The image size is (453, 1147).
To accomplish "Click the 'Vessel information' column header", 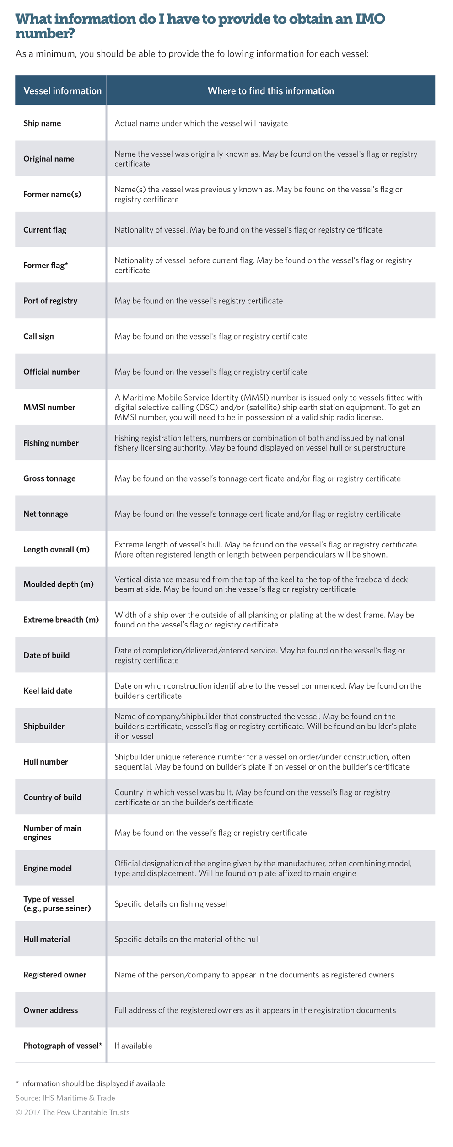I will click(62, 91).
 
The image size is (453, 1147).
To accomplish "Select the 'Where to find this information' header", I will click(271, 91).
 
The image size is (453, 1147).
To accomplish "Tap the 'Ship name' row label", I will click(42, 123).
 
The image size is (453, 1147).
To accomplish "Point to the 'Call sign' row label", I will click(38, 336).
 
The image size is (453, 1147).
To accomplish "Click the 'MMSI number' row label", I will click(49, 407).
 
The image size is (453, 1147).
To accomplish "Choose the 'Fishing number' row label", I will click(51, 443).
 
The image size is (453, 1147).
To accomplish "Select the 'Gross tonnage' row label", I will click(49, 478).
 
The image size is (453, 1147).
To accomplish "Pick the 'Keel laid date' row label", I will click(48, 690).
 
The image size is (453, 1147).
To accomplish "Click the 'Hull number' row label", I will click(45, 762).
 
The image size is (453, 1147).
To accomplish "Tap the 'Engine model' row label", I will click(48, 868).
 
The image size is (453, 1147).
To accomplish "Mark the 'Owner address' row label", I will click(50, 1010).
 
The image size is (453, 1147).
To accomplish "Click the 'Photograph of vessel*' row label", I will click(63, 1046).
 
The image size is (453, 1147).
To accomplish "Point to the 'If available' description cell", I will click(133, 1046).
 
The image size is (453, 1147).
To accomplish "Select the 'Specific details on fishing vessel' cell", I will click(171, 904).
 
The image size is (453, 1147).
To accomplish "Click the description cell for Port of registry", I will click(199, 301).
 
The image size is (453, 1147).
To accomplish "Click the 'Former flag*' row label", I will click(45, 266).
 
